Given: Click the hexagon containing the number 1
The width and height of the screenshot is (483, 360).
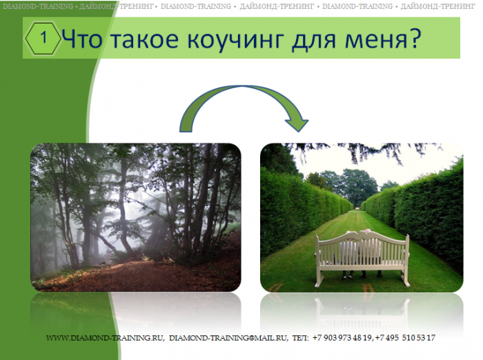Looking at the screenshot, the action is click(43, 39).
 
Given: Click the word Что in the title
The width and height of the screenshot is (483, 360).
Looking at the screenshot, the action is click(82, 39).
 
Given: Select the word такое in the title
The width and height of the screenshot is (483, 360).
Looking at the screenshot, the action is click(144, 40).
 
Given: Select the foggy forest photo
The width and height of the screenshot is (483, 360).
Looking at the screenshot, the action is click(135, 217).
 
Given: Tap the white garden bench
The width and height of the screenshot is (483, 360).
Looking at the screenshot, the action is click(362, 258).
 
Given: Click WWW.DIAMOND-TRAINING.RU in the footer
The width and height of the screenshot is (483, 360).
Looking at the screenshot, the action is click(104, 338).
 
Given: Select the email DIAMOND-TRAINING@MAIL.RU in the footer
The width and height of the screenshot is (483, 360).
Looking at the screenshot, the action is click(228, 338).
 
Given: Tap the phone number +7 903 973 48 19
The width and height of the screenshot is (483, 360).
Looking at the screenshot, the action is click(342, 338).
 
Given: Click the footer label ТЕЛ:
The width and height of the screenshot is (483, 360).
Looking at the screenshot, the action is click(300, 338).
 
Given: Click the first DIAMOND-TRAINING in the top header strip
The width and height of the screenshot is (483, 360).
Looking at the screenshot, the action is click(38, 6).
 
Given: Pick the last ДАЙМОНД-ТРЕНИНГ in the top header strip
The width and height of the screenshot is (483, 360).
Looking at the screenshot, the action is click(437, 6).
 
